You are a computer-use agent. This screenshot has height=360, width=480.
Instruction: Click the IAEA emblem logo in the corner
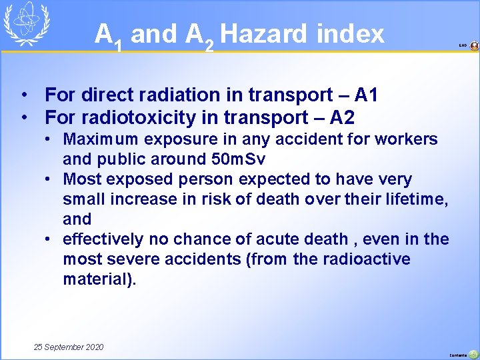(25, 23)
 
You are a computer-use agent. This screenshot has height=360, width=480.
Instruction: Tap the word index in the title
(352, 33)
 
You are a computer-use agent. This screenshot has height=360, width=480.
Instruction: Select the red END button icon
(474, 46)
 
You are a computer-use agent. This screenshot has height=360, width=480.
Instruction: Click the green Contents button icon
(473, 354)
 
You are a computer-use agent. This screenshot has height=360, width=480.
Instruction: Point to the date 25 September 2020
(69, 347)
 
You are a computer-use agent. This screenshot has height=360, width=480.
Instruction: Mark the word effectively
(103, 239)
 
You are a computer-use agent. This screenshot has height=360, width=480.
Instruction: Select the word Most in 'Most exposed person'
(80, 179)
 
